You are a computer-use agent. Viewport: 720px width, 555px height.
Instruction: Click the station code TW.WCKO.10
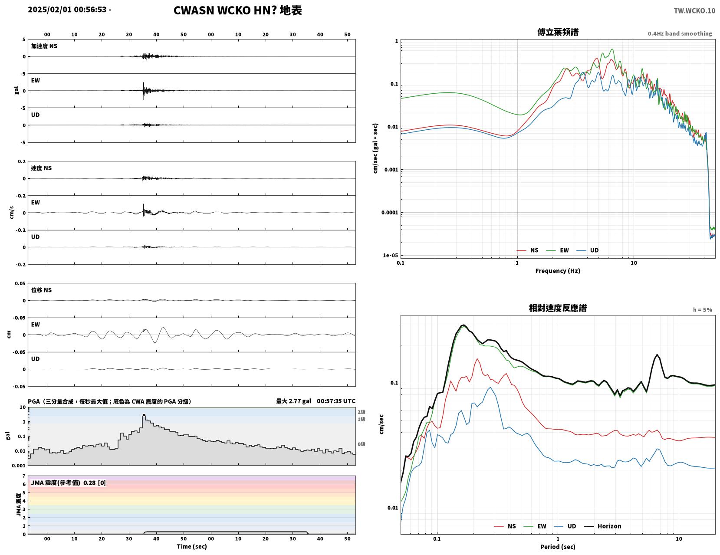[694, 10]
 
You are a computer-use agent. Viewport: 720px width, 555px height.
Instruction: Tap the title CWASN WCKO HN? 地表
[237, 10]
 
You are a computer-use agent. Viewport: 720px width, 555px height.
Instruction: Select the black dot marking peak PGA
[144, 415]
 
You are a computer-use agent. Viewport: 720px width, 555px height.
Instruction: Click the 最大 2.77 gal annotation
[293, 401]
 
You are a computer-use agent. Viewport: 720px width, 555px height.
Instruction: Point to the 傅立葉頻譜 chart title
[558, 32]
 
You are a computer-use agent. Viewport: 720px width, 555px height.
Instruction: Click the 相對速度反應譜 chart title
[558, 308]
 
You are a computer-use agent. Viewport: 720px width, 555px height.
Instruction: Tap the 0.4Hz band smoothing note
[680, 33]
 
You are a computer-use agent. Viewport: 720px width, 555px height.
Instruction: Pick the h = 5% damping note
[703, 310]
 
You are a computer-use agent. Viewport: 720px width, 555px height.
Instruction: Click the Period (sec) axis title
[558, 547]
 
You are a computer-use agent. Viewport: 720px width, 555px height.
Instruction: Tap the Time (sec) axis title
[191, 546]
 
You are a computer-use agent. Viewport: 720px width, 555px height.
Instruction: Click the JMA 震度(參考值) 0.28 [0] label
[68, 483]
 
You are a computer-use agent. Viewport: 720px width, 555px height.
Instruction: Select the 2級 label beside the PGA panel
[361, 412]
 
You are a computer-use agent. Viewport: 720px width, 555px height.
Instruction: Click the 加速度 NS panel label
[44, 46]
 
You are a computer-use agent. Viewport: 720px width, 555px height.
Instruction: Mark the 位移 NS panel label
[41, 290]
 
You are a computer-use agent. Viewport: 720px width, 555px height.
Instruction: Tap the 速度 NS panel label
[41, 168]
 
